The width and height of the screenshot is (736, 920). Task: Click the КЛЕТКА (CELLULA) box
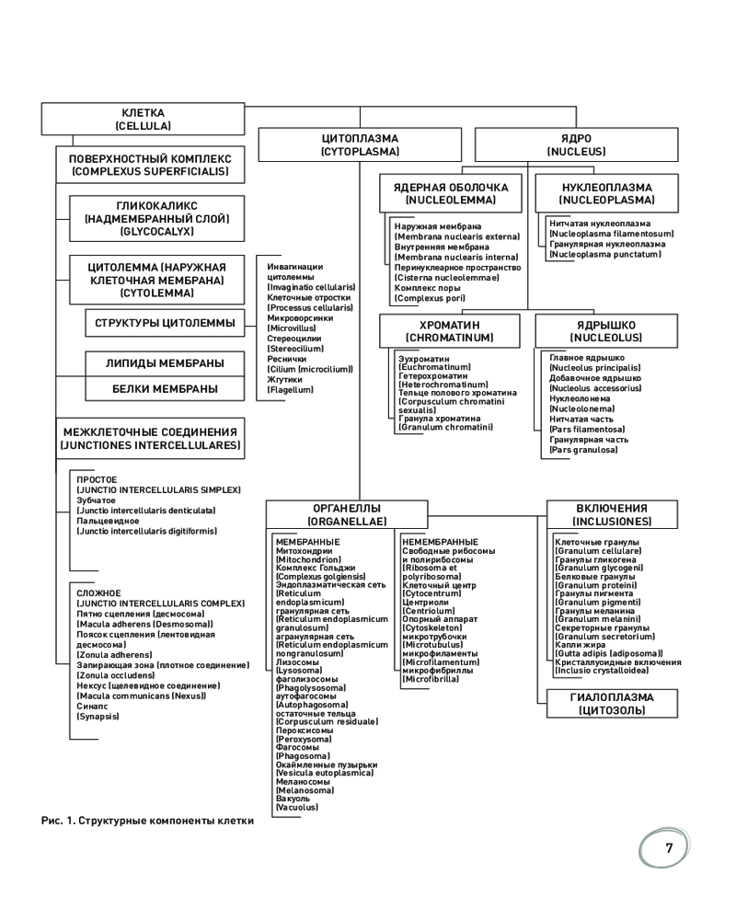point(144,119)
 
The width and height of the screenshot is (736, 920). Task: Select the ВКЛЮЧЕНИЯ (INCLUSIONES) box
point(611,514)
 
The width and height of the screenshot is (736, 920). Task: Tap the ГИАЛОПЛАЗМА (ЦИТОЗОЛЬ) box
point(611,703)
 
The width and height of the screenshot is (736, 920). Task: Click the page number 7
point(670,848)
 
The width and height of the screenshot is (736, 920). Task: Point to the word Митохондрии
point(304,550)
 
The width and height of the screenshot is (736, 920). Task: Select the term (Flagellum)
point(290,390)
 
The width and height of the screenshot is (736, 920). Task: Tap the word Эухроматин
point(421,358)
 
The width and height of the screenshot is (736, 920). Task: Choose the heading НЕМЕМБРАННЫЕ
point(440,541)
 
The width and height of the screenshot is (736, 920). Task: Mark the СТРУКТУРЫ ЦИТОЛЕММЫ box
point(160,323)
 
